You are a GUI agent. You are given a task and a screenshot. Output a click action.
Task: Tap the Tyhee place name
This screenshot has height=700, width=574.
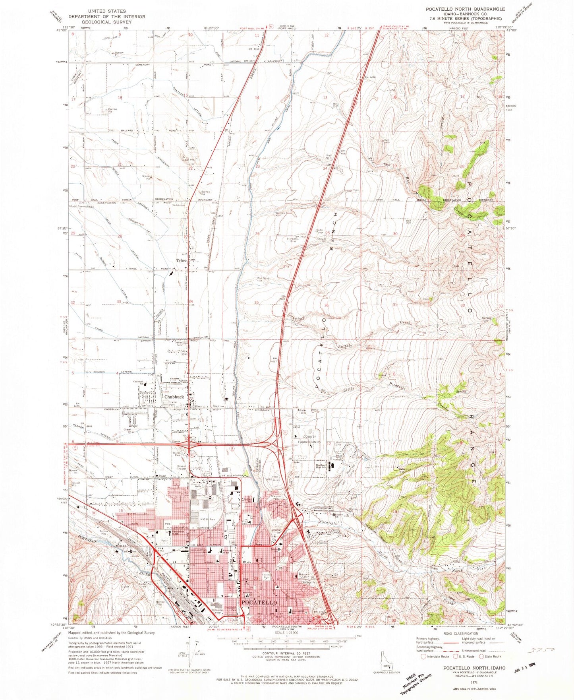(181, 260)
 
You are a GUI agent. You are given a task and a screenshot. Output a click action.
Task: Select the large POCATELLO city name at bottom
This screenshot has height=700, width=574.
(259, 602)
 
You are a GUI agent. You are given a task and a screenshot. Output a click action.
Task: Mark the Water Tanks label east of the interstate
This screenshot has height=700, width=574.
(303, 412)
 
